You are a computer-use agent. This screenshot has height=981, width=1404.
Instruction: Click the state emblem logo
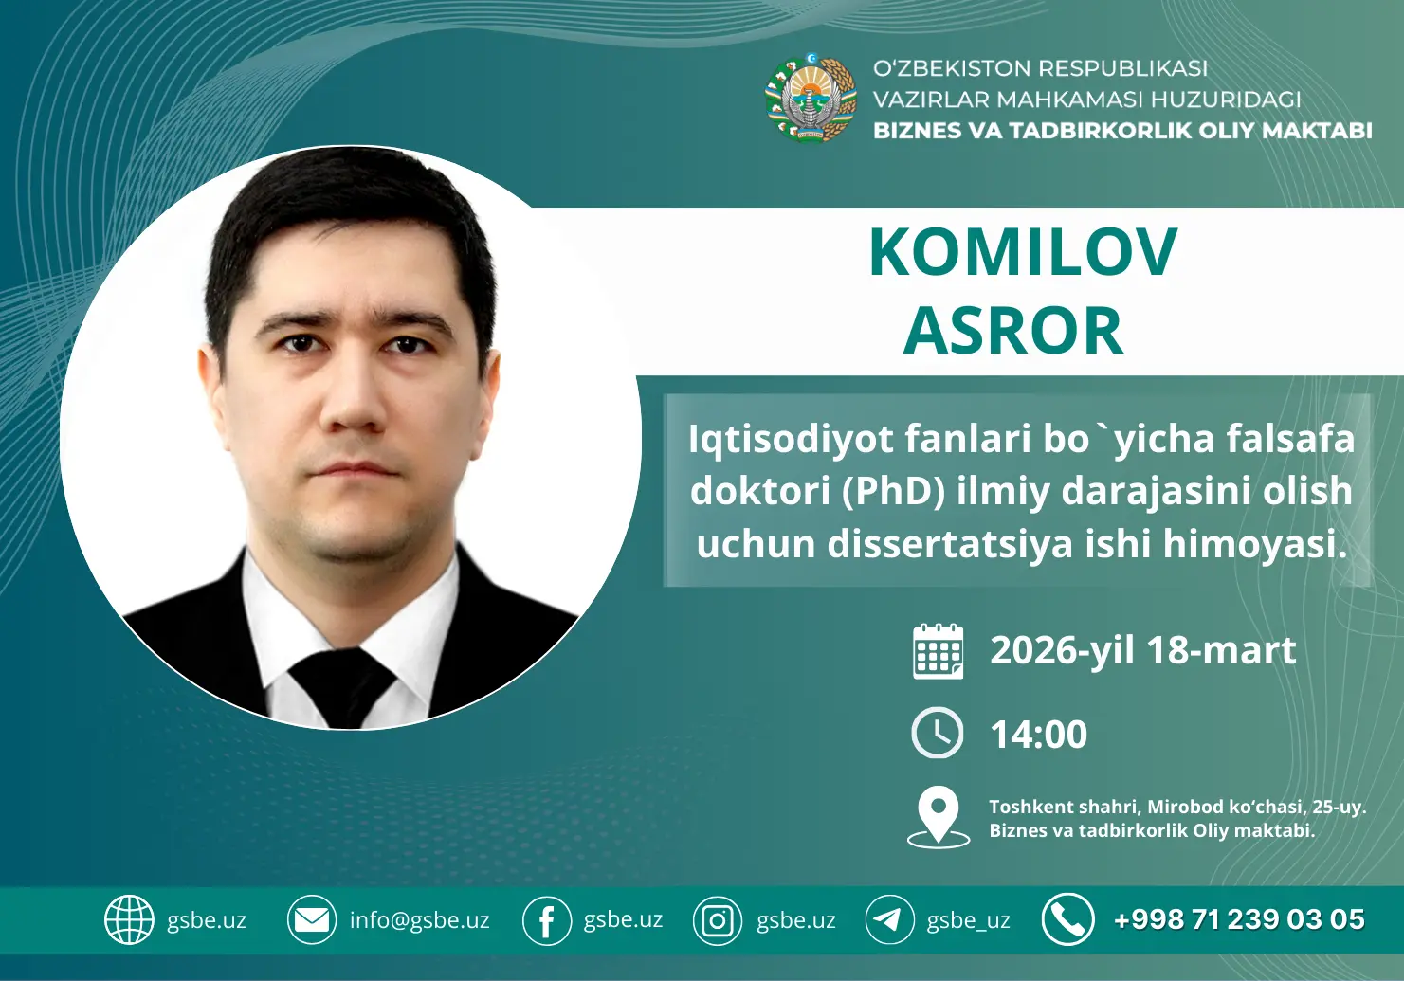(x=811, y=99)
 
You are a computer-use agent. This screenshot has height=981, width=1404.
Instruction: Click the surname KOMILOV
(x=1022, y=253)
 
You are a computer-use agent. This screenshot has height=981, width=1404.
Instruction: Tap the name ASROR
(x=1013, y=331)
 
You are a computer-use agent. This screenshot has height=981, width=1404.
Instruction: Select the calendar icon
(x=938, y=651)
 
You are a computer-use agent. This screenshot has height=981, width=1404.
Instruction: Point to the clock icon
(x=938, y=733)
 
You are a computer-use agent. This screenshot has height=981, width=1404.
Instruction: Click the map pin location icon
(x=939, y=816)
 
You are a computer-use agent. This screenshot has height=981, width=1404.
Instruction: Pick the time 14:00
(x=1038, y=735)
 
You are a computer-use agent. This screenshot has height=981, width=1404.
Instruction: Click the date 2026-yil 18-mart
(x=1142, y=651)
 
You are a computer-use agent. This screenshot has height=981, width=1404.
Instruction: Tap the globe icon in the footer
(x=129, y=919)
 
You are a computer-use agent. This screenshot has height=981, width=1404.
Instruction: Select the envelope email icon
(x=312, y=919)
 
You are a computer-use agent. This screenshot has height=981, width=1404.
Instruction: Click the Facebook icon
(x=547, y=920)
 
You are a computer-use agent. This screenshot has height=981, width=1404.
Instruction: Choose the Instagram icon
(x=718, y=920)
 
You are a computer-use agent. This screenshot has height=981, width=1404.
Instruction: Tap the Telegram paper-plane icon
(x=889, y=919)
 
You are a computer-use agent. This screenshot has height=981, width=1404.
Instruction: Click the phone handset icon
(x=1067, y=919)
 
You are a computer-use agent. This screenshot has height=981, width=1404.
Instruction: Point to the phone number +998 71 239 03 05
(x=1239, y=919)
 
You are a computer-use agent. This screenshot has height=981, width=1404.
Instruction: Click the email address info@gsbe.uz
(x=419, y=920)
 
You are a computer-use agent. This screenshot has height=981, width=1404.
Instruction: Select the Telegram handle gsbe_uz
(x=968, y=920)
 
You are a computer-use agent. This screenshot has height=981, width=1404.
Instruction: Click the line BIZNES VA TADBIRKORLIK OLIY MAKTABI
(x=1122, y=131)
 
